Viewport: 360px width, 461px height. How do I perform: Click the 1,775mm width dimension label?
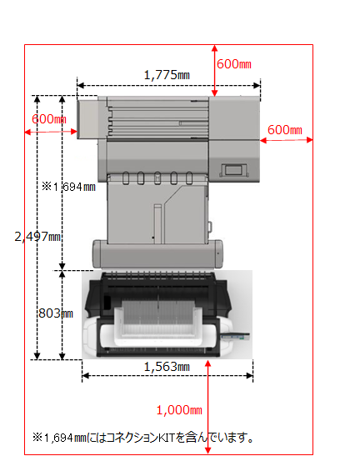(x=167, y=75)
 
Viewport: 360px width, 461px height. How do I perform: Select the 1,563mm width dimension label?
(x=167, y=367)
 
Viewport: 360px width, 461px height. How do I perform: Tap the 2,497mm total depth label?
(x=37, y=237)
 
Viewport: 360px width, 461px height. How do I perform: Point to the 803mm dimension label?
(x=56, y=313)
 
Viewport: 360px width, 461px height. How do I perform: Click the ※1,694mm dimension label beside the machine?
(x=69, y=187)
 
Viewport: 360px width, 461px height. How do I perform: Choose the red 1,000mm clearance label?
(x=179, y=410)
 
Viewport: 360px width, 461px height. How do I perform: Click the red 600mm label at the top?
(x=234, y=64)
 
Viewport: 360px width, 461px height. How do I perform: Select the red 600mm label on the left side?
(x=49, y=119)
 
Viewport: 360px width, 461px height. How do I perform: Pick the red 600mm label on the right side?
(x=285, y=130)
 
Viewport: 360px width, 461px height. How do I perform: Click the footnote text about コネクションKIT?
(x=142, y=438)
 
